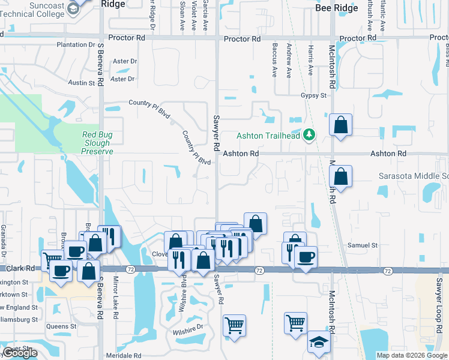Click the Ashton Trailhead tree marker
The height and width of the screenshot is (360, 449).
coord(310,135)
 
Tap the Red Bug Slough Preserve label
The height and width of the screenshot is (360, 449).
coord(97,143)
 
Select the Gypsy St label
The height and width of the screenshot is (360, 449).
coord(314,95)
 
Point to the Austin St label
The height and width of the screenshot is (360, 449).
coord(83,83)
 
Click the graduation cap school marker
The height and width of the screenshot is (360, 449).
coord(319,342)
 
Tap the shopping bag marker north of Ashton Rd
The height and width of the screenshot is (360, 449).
coord(340,125)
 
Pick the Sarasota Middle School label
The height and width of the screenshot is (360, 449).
coord(414,176)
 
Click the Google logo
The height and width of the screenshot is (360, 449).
coord(20,353)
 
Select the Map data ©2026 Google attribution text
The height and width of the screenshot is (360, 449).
coord(411,355)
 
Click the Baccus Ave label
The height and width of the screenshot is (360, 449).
coord(275,60)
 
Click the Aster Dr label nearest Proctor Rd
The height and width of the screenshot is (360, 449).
coord(125,61)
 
